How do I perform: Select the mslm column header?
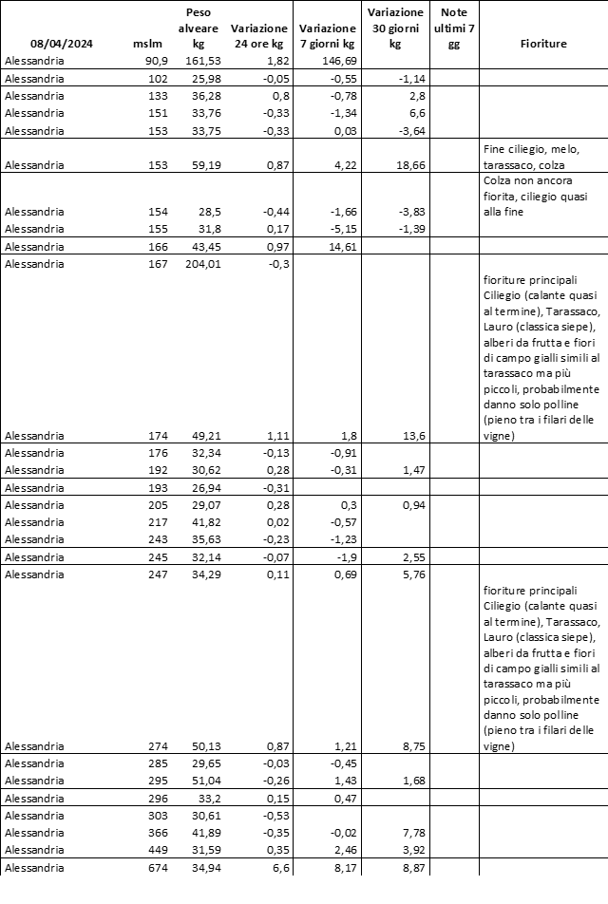pos(149,44)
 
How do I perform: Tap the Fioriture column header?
pos(544,44)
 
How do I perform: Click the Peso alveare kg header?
pos(199,28)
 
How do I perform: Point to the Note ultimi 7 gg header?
pos(453,28)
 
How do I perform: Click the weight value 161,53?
pos(199,61)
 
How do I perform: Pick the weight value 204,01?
pos(199,264)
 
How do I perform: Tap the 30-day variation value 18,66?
pos(396,164)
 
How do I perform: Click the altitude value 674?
pos(156,869)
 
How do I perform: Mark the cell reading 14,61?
pos(338,246)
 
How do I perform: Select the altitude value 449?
pos(156,851)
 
